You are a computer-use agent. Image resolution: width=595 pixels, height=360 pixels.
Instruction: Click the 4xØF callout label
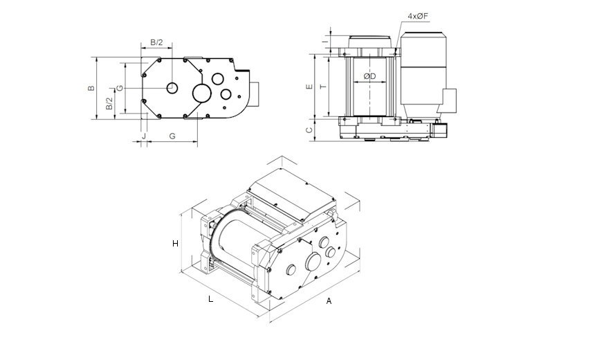[x=418, y=16]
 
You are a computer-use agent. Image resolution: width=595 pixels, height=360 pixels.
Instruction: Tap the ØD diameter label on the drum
[x=369, y=76]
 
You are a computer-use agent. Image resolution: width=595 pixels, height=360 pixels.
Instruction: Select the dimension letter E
[x=309, y=87]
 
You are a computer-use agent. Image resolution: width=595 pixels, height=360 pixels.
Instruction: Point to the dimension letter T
[x=323, y=87]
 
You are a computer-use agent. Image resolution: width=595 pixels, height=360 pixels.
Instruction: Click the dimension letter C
[x=309, y=130]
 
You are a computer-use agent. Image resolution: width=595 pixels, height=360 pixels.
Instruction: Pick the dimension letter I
[x=324, y=40]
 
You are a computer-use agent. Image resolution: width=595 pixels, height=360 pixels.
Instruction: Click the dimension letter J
[x=143, y=136]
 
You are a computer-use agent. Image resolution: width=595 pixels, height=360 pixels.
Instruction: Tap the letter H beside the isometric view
[x=175, y=244]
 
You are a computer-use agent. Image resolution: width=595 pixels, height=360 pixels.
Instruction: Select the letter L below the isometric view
[x=210, y=299]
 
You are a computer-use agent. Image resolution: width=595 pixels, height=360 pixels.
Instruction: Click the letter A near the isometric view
[x=329, y=300]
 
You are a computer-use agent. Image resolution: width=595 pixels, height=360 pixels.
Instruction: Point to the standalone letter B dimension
[x=91, y=88]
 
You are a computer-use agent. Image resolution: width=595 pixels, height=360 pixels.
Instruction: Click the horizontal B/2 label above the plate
[x=156, y=42]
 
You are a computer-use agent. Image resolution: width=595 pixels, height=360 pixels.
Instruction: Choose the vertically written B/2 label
[x=109, y=104]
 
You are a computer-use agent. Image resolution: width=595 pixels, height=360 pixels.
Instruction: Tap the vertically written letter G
[x=120, y=88]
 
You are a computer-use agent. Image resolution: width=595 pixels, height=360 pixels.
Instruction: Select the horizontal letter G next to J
[x=172, y=136]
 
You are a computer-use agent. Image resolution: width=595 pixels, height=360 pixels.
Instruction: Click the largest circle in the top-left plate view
[x=202, y=93]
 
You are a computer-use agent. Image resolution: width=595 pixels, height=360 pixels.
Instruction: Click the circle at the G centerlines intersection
[x=172, y=88]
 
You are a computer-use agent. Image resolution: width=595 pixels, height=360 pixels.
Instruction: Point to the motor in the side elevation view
[x=423, y=72]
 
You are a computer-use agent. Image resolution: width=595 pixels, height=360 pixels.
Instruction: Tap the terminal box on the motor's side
[x=449, y=100]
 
